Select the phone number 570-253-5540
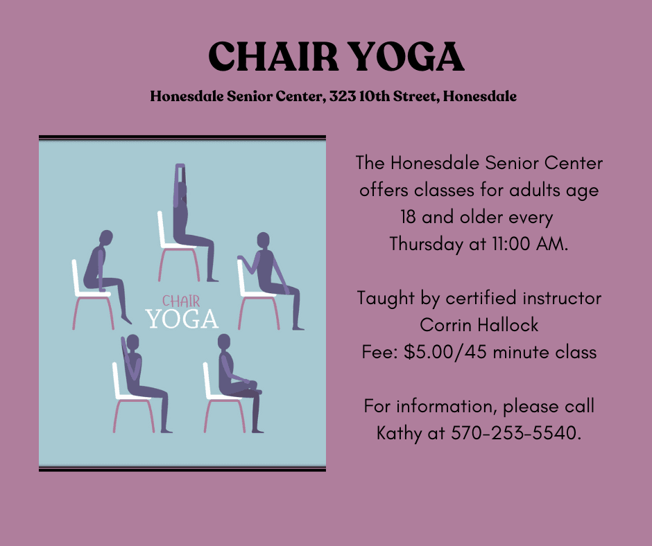[515, 434]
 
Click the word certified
[481, 299]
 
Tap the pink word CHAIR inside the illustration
[181, 301]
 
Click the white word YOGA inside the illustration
[182, 319]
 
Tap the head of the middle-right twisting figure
[263, 240]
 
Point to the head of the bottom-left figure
[133, 341]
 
